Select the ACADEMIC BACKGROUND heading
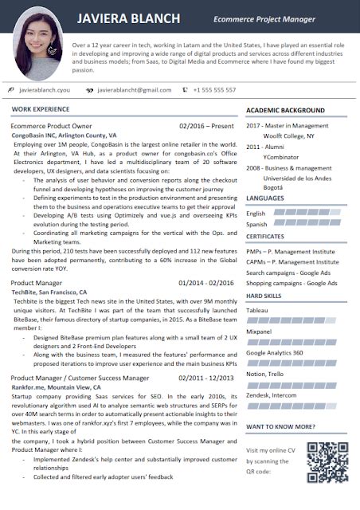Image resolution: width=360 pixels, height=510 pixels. tap(285, 109)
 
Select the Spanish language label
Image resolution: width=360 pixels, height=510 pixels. tap(257, 224)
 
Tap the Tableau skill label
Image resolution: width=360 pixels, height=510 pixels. tap(257, 308)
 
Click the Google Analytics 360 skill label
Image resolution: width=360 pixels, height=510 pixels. tap(274, 351)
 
